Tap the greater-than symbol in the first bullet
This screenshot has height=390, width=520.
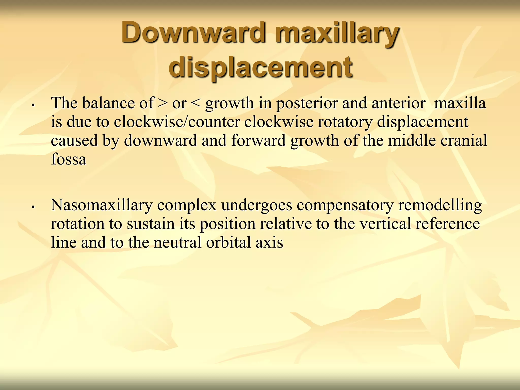pos(163,103)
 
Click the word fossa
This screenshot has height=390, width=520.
pos(69,159)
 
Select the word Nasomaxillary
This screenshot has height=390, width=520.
pos(102,205)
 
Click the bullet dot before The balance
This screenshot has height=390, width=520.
pos(33,105)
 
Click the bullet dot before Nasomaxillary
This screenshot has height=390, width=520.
pos(33,207)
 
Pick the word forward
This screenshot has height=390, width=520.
pos(258,140)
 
